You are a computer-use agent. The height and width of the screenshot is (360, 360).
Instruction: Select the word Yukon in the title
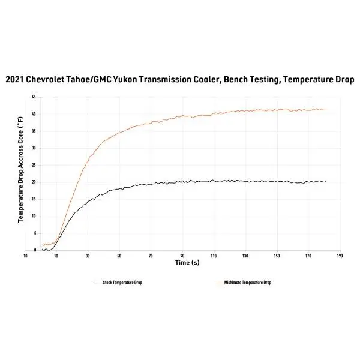tap(125, 80)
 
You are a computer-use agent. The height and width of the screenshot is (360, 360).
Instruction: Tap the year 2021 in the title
tap(14, 80)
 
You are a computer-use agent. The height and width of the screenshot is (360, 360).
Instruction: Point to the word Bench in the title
tap(235, 79)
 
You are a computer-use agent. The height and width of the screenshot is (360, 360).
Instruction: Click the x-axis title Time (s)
tap(187, 262)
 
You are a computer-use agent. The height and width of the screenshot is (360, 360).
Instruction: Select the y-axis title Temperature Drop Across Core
tap(20, 169)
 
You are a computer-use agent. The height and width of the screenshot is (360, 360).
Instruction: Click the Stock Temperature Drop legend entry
tap(118, 283)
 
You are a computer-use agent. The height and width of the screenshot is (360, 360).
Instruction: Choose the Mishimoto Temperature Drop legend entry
tap(242, 283)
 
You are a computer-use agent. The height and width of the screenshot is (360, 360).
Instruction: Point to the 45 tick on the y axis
tap(34, 97)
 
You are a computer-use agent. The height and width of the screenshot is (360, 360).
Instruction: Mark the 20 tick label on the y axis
tap(34, 182)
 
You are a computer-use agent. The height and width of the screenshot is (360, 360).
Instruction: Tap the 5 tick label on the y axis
tap(35, 233)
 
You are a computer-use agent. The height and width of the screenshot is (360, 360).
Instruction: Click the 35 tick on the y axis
tap(34, 131)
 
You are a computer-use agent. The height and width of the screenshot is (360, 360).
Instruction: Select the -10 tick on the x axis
tap(25, 256)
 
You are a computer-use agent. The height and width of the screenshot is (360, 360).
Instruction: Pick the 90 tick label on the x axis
tap(182, 256)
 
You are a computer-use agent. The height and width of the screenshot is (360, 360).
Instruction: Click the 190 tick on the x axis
tap(340, 256)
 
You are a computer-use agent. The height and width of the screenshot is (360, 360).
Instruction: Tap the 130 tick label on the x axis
tap(245, 256)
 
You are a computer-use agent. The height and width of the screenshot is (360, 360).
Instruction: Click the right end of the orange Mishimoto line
tap(326, 110)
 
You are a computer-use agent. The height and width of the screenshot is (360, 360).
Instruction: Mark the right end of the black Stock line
tap(326, 182)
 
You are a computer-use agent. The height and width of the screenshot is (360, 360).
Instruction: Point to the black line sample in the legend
tap(97, 283)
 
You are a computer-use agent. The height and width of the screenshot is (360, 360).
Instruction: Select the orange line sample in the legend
tap(218, 283)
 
